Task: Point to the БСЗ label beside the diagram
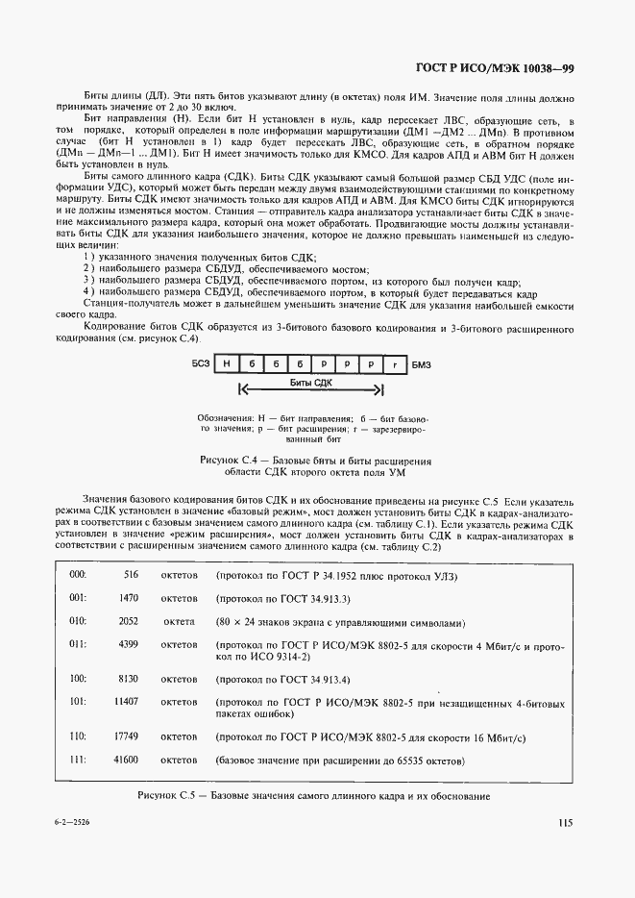pos(201,364)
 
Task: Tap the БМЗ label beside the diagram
pos(422,364)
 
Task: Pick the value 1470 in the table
pos(129,597)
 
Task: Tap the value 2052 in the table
pos(129,621)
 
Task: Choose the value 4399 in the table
pos(129,645)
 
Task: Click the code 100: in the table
pos(78,680)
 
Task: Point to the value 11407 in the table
pos(127,703)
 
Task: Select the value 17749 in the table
pos(127,736)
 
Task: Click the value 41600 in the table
pos(127,761)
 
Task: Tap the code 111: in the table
pos(78,761)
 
